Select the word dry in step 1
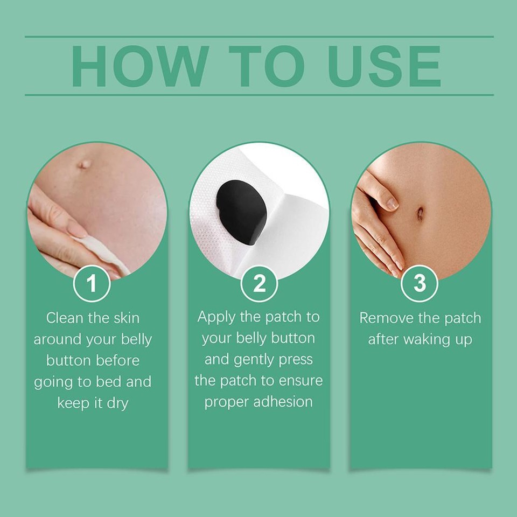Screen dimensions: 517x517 coord(116,403)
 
